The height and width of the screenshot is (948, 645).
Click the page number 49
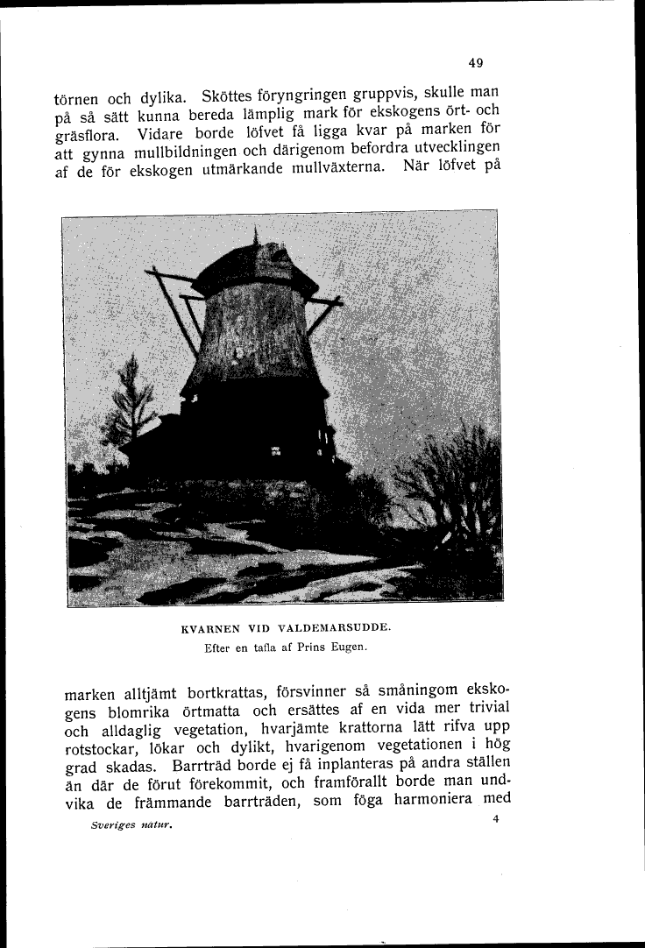(x=476, y=62)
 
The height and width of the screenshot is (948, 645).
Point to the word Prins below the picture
(x=310, y=648)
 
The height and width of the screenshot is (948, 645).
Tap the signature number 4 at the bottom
(x=496, y=819)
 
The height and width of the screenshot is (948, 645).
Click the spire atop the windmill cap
(x=255, y=236)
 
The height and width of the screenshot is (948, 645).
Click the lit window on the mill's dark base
(x=276, y=452)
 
